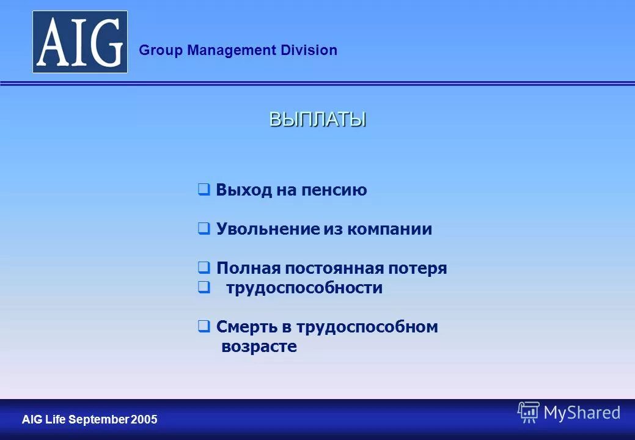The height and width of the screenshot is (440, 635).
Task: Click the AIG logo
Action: [80, 42]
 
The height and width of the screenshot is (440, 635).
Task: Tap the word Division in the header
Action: [309, 51]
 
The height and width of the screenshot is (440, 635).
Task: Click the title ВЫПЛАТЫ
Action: [318, 119]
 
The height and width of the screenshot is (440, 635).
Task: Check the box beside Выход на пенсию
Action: [204, 190]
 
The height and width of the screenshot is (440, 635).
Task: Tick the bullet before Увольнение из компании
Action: [204, 229]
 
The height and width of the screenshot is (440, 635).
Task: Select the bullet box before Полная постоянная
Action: [204, 268]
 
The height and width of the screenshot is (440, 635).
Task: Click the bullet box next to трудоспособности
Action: [204, 288]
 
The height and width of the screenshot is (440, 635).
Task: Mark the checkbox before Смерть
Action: [204, 327]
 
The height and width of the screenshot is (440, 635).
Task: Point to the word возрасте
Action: [259, 347]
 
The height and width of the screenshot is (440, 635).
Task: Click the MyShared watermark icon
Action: [528, 413]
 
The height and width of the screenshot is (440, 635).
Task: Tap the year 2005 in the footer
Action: [145, 420]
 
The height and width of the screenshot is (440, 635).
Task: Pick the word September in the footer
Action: [100, 420]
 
